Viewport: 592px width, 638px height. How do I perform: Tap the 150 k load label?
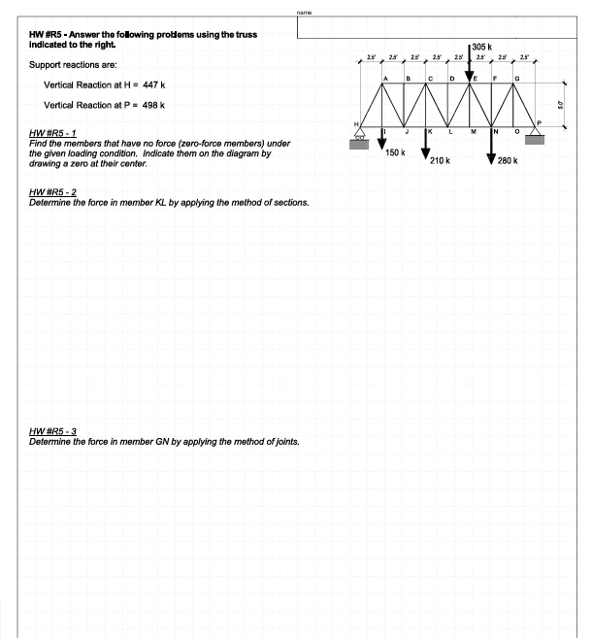(x=395, y=152)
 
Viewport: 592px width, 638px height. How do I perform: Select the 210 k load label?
(x=441, y=160)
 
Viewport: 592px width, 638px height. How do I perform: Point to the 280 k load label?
(x=509, y=160)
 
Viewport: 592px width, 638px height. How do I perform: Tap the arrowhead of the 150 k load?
(x=382, y=143)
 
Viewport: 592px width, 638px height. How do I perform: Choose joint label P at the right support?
(x=540, y=121)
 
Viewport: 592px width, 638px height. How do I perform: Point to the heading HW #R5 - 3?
(x=58, y=430)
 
